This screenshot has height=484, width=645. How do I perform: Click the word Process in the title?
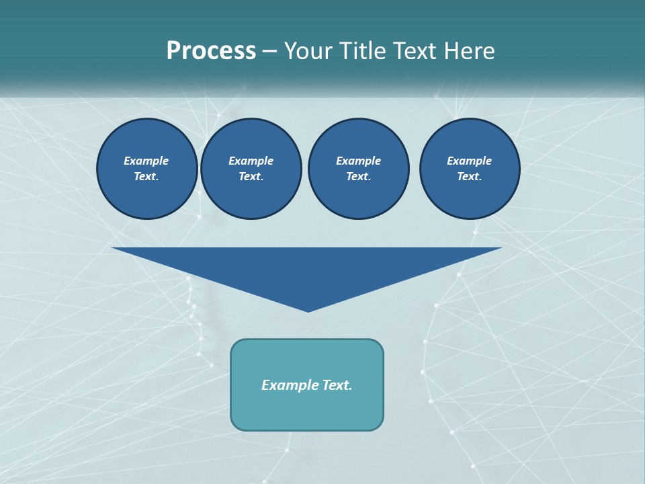point(211,51)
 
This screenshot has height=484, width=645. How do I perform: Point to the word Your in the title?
point(308,51)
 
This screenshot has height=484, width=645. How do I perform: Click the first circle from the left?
point(147,169)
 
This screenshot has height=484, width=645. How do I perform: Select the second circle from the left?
point(251,169)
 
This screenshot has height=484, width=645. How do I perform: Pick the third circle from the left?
point(359,169)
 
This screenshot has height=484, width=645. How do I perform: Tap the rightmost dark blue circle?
point(470,169)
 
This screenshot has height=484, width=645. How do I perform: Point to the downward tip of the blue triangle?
point(308,310)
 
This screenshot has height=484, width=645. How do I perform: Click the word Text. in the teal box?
point(337,385)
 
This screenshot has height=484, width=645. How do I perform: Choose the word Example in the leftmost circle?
point(146,161)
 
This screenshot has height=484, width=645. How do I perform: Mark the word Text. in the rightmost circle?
point(470,177)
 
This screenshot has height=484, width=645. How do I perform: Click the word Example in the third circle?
point(359,161)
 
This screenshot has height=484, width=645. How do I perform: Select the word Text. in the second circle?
point(251,177)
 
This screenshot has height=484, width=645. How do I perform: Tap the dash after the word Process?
point(270,51)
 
